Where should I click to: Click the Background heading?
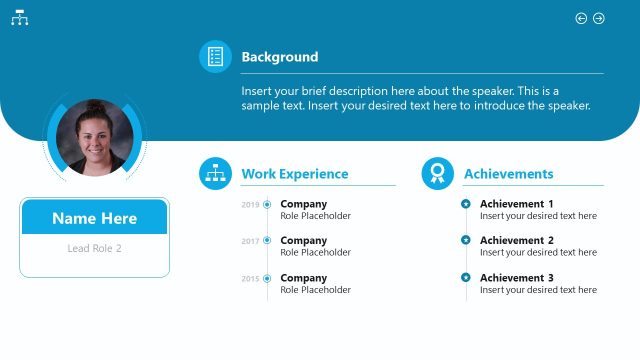(279, 57)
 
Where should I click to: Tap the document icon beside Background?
(215, 57)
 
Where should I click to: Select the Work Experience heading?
(295, 174)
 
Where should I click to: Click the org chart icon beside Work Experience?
(215, 174)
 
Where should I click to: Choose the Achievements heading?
(508, 174)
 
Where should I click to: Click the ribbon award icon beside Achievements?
(437, 174)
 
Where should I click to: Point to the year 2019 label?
(250, 205)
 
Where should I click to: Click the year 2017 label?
(250, 241)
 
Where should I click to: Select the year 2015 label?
(250, 278)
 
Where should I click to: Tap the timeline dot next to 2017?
(267, 241)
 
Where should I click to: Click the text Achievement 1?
(516, 204)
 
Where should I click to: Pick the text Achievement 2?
(516, 240)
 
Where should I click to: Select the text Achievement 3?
(516, 278)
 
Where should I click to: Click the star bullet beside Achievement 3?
(465, 277)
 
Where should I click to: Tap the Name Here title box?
(94, 218)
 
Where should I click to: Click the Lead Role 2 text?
(94, 248)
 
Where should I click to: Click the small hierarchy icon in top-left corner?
(19, 18)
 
